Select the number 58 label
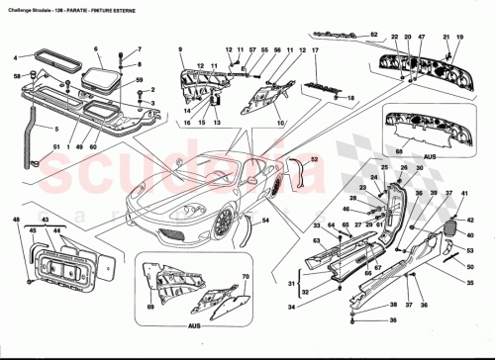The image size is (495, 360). pyautogui.click(x=18, y=76)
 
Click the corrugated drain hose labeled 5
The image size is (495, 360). pyautogui.click(x=40, y=124)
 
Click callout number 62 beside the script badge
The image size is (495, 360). pyautogui.click(x=374, y=35)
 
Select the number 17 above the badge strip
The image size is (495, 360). pyautogui.click(x=315, y=49)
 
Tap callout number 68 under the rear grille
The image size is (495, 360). pyautogui.click(x=401, y=150)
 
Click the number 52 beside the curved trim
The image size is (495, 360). pyautogui.click(x=314, y=158)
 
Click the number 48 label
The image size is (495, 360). pyautogui.click(x=16, y=219)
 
